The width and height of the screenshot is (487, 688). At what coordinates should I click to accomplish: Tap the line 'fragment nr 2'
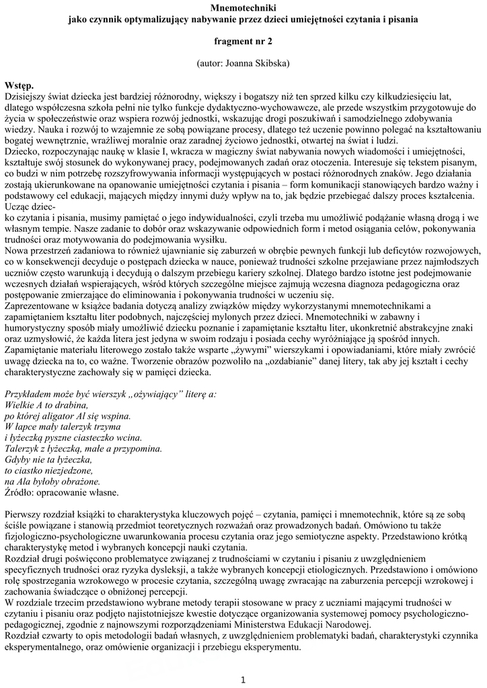click(243, 40)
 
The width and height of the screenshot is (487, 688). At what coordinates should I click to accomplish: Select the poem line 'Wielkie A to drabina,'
click(46, 405)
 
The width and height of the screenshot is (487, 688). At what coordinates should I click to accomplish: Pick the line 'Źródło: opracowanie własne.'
click(62, 492)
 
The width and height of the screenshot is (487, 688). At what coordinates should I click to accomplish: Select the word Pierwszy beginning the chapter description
click(24, 514)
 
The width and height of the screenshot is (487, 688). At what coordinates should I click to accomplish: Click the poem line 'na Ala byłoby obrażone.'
click(52, 481)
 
